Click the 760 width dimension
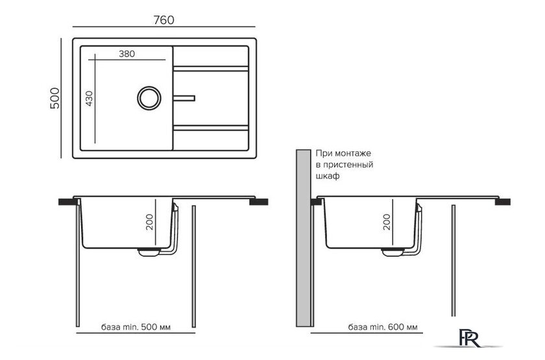pyautogui.click(x=163, y=20)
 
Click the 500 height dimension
pyautogui.click(x=55, y=99)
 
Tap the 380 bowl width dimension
pyautogui.click(x=127, y=54)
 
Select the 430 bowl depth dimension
pyautogui.click(x=90, y=99)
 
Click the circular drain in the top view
pyautogui.click(x=149, y=98)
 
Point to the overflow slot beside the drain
pyautogui.click(x=184, y=99)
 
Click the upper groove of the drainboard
pyautogui.click(x=211, y=69)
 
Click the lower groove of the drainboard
pyautogui.click(x=211, y=128)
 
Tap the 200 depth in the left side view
pyautogui.click(x=149, y=222)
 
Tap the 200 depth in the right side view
pyautogui.click(x=387, y=222)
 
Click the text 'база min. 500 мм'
pyautogui.click(x=136, y=327)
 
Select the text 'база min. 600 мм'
pyautogui.click(x=383, y=327)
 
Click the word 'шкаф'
pyautogui.click(x=328, y=176)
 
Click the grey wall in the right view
pyautogui.click(x=304, y=238)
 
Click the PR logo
pyautogui.click(x=469, y=338)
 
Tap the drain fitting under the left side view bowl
pyautogui.click(x=149, y=252)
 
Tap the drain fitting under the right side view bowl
pyautogui.click(x=393, y=252)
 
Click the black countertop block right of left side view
pyautogui.click(x=259, y=202)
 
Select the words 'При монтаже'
pyautogui.click(x=343, y=153)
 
